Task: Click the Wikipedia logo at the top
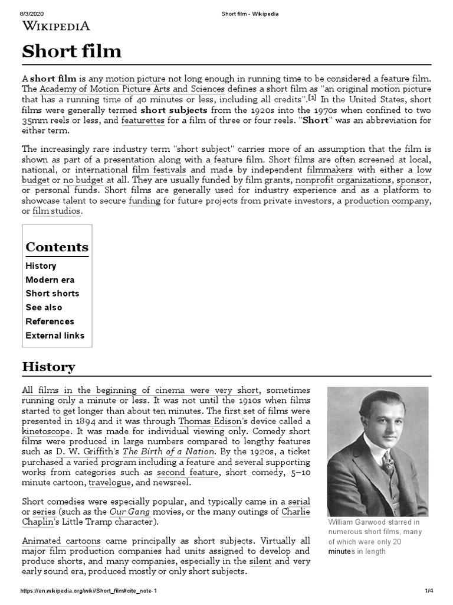pos(56,25)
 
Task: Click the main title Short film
pos(72,52)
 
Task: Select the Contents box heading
pos(57,247)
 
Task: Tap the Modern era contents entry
pos(50,280)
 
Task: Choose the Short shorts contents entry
pos(52,294)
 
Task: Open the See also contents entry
pos(44,308)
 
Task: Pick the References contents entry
pos(50,321)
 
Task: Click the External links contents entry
pos(55,336)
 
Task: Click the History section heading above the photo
pos(48,367)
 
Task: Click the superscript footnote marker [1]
pos(313,98)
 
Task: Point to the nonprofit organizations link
pos(343,180)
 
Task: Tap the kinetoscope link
pos(47,432)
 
